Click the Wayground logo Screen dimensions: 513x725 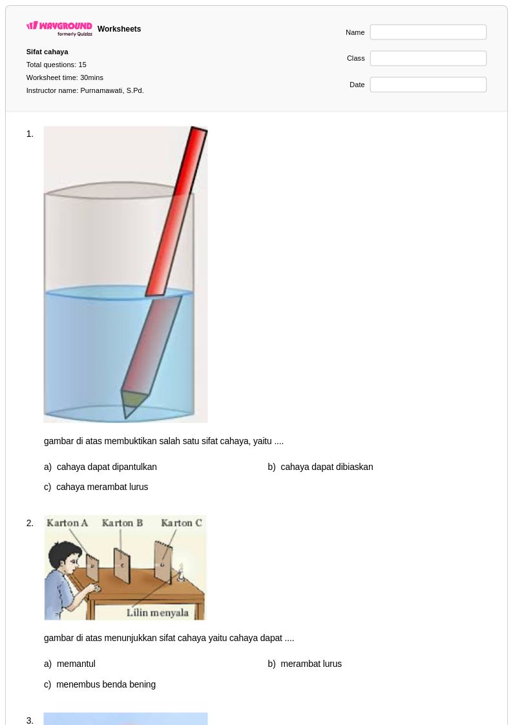click(59, 28)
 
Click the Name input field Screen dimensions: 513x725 click(428, 32)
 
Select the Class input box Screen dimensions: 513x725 click(428, 58)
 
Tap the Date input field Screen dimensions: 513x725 click(428, 85)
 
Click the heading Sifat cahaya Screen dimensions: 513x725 click(47, 52)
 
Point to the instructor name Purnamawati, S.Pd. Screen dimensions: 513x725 click(112, 90)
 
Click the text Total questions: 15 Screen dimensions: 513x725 click(56, 65)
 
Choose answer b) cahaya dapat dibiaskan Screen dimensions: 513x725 click(320, 467)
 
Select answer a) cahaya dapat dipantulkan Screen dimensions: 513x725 click(100, 467)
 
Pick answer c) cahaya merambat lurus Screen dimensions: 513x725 click(96, 487)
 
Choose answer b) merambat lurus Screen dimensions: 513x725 click(304, 664)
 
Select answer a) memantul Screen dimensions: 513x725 click(70, 664)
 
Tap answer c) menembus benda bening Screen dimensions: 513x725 click(99, 684)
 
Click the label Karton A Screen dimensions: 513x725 click(67, 523)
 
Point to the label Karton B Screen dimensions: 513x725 click(122, 523)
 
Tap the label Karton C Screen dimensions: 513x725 click(182, 523)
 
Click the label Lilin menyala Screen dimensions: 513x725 click(158, 613)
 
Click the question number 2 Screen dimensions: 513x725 click(30, 524)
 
